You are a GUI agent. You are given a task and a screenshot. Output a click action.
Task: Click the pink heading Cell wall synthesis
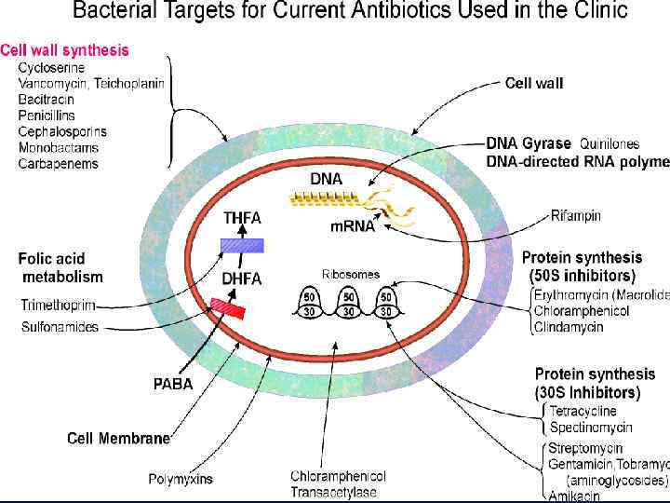(65, 49)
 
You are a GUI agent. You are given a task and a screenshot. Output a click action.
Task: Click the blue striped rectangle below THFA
(242, 245)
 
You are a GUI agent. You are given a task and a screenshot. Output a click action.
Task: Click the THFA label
(242, 218)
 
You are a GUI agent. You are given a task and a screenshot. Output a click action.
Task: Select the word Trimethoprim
(59, 305)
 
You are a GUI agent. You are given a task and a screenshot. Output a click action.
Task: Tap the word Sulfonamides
(60, 327)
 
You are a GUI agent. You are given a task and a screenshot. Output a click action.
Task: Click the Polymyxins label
(181, 480)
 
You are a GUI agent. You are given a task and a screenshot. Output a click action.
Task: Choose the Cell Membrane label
(119, 439)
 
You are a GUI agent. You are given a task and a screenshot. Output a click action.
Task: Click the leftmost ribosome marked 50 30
(311, 304)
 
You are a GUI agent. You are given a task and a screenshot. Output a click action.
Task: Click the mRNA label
(354, 225)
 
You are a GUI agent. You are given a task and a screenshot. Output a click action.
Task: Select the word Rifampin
(575, 216)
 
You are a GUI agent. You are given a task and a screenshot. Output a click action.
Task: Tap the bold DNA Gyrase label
(529, 143)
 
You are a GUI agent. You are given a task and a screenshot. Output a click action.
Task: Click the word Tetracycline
(583, 411)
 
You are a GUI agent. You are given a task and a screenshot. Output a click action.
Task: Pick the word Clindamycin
(569, 327)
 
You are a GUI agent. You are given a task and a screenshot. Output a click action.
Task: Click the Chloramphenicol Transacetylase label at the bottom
(338, 483)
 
